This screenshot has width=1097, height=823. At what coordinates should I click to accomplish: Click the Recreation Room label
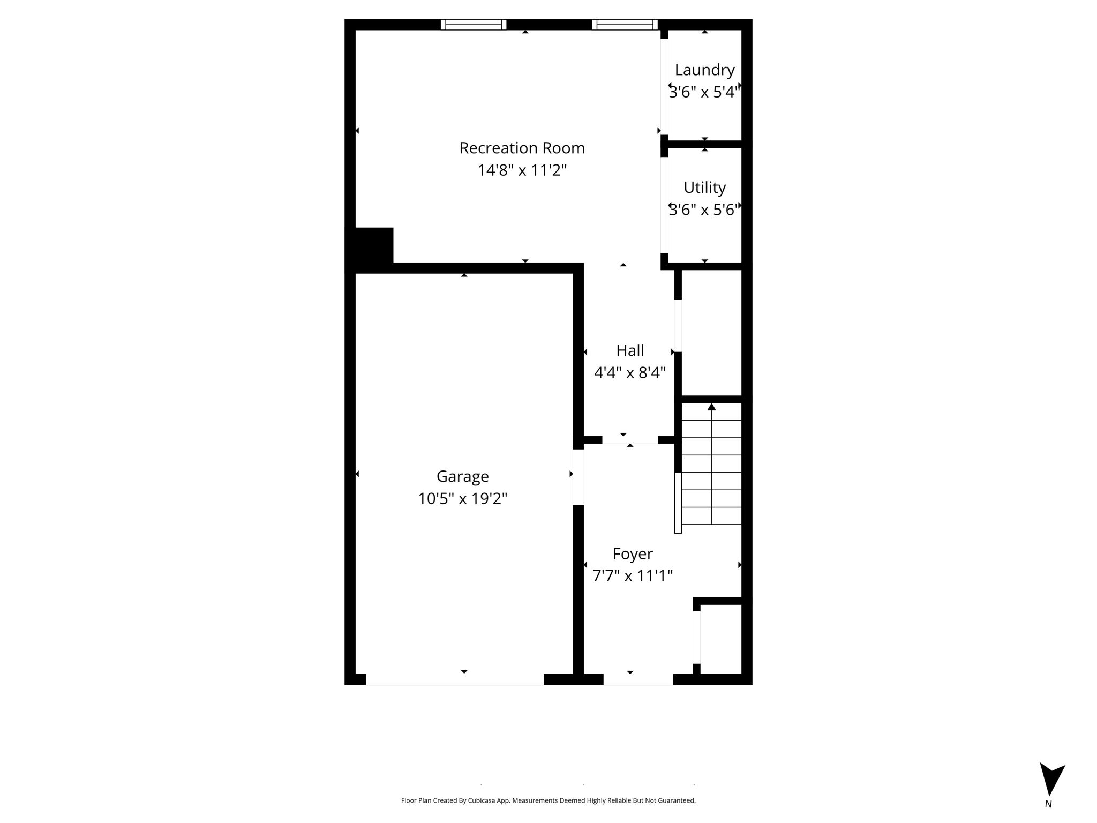tap(522, 148)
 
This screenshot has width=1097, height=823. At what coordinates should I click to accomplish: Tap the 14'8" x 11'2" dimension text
tap(522, 170)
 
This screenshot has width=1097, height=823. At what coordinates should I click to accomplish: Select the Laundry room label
tap(704, 71)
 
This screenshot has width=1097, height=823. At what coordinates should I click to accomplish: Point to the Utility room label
tap(704, 188)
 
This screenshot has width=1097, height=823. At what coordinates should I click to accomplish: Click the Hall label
tap(630, 350)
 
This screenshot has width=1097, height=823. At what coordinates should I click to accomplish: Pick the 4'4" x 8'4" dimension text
tap(630, 372)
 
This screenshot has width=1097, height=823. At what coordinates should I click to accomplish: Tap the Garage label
tap(463, 477)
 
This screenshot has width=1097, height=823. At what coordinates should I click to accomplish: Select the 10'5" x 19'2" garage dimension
tap(463, 499)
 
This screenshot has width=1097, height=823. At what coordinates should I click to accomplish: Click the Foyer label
tap(633, 554)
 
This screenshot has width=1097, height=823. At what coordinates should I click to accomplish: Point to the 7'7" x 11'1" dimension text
tap(633, 576)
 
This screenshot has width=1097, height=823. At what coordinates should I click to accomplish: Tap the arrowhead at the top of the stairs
tap(711, 407)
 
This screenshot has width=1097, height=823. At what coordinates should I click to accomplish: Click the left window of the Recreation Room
tap(474, 25)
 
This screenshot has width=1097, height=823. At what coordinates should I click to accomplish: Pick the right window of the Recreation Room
tap(625, 25)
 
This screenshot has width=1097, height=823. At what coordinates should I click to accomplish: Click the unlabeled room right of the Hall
tap(711, 332)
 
